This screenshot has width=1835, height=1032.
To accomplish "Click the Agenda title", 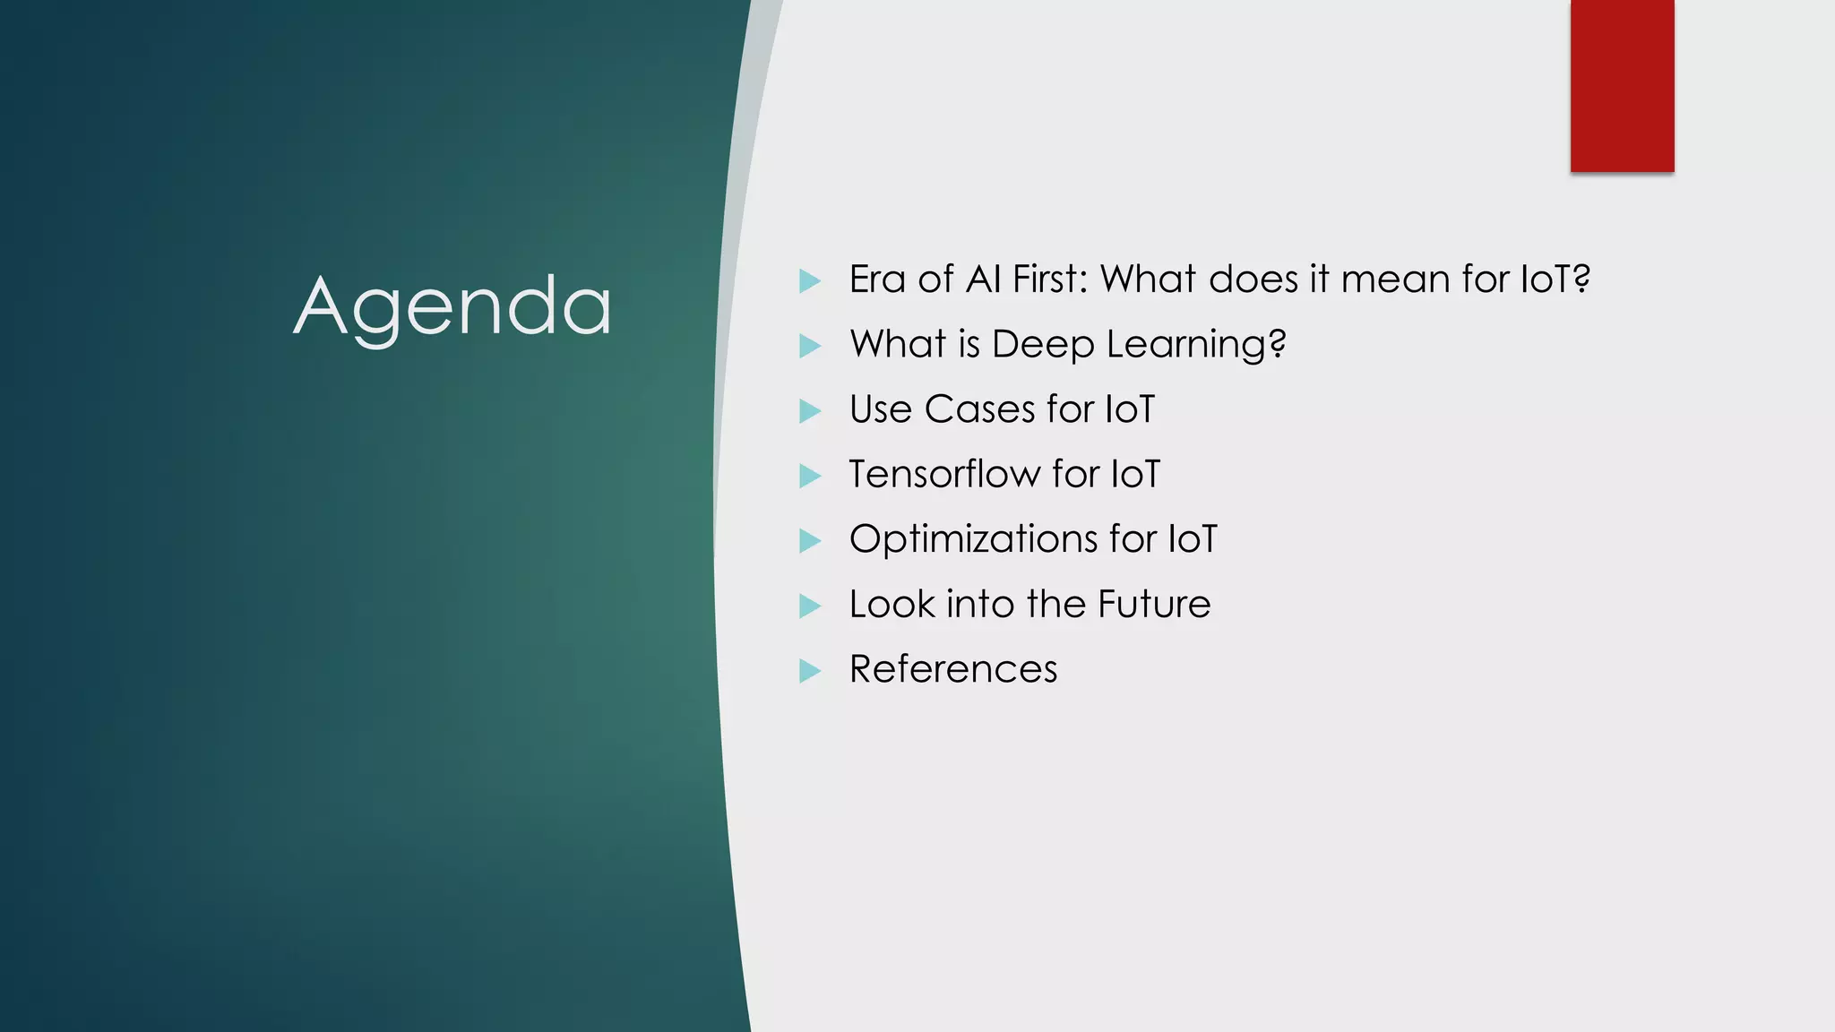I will [x=452, y=307].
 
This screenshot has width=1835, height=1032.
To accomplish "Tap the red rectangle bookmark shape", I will [x=1622, y=85].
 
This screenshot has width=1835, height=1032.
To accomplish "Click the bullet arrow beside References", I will [x=809, y=671].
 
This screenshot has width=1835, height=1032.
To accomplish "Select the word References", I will [x=953, y=669].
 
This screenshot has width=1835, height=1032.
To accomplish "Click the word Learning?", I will [x=1196, y=345].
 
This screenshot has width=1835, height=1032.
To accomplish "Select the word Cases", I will [x=979, y=409].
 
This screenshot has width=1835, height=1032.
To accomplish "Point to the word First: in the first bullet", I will [x=1049, y=279].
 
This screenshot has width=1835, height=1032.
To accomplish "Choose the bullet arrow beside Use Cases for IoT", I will [x=809, y=411].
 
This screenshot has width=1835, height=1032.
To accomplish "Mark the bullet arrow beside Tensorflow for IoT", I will [x=809, y=476].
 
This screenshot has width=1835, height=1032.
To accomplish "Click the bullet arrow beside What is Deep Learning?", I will [x=809, y=346].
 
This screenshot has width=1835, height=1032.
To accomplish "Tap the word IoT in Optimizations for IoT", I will [x=1193, y=539].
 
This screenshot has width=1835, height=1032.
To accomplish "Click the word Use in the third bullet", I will [x=880, y=409].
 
